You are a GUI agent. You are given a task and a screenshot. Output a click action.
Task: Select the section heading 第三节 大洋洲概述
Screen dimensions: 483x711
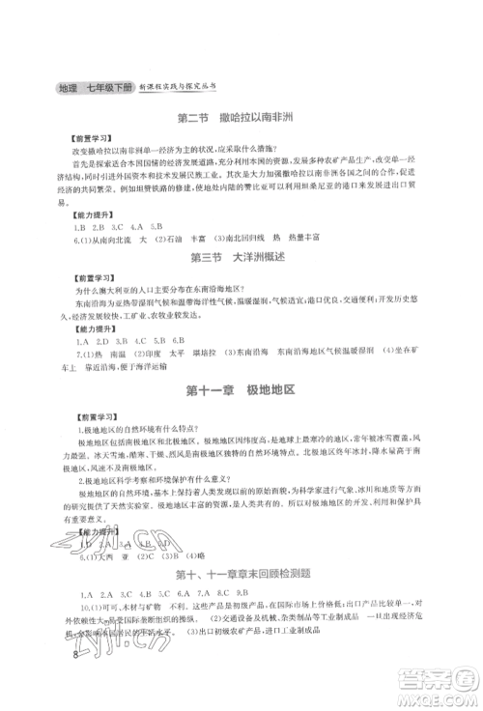[x=241, y=258]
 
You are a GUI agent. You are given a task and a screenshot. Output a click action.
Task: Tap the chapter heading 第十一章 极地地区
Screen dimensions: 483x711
[x=241, y=388]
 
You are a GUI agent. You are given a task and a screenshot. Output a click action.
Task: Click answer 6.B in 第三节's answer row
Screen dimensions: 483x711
[x=178, y=341]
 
